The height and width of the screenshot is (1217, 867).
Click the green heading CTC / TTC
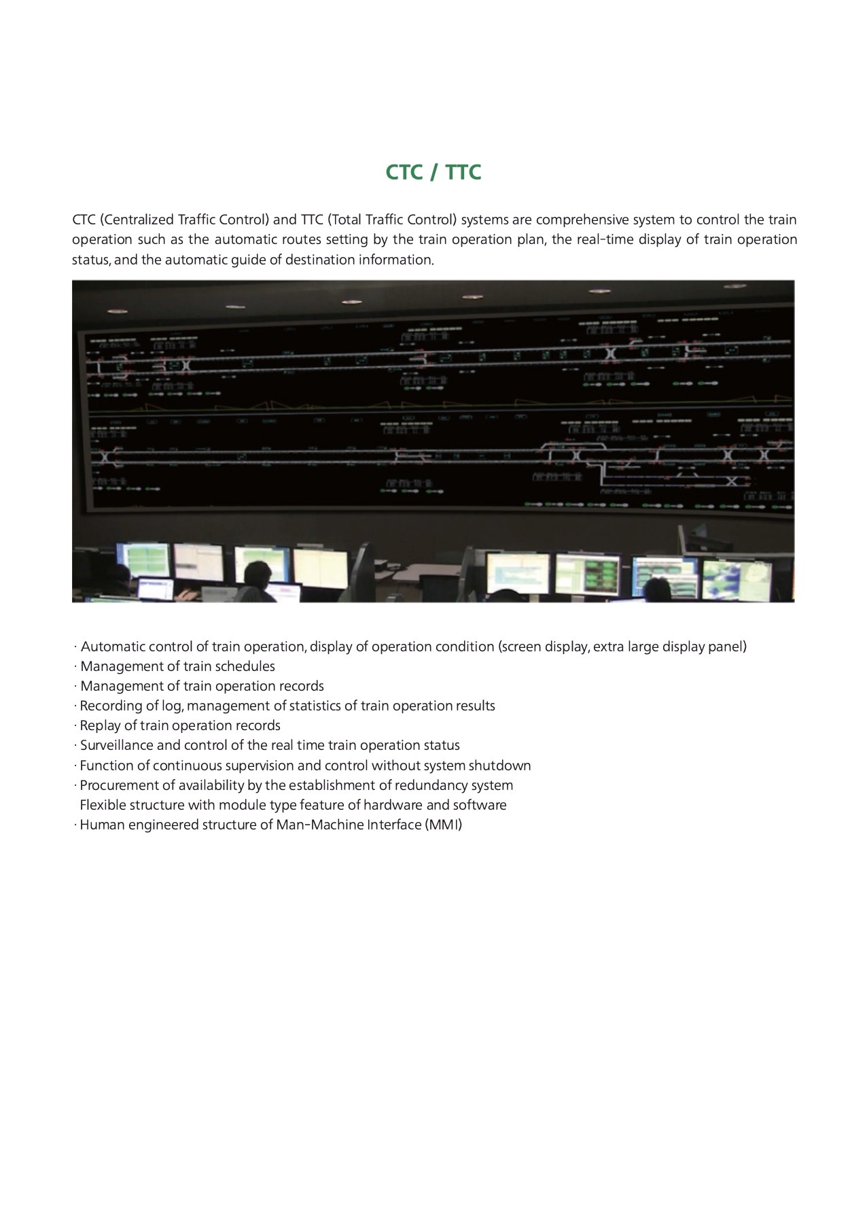(x=433, y=173)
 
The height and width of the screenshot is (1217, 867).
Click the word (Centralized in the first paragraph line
(x=137, y=220)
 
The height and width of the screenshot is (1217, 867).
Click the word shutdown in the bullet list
(x=499, y=766)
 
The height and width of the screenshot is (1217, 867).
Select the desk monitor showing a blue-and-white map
(x=733, y=577)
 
